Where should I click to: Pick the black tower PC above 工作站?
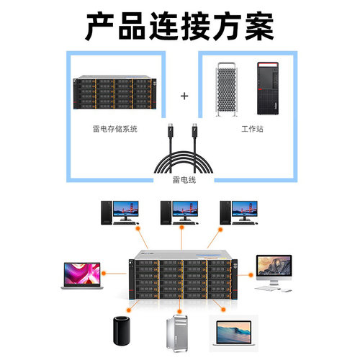267,90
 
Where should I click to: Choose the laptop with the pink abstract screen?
79,274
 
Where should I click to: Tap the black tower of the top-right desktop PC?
226,212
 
